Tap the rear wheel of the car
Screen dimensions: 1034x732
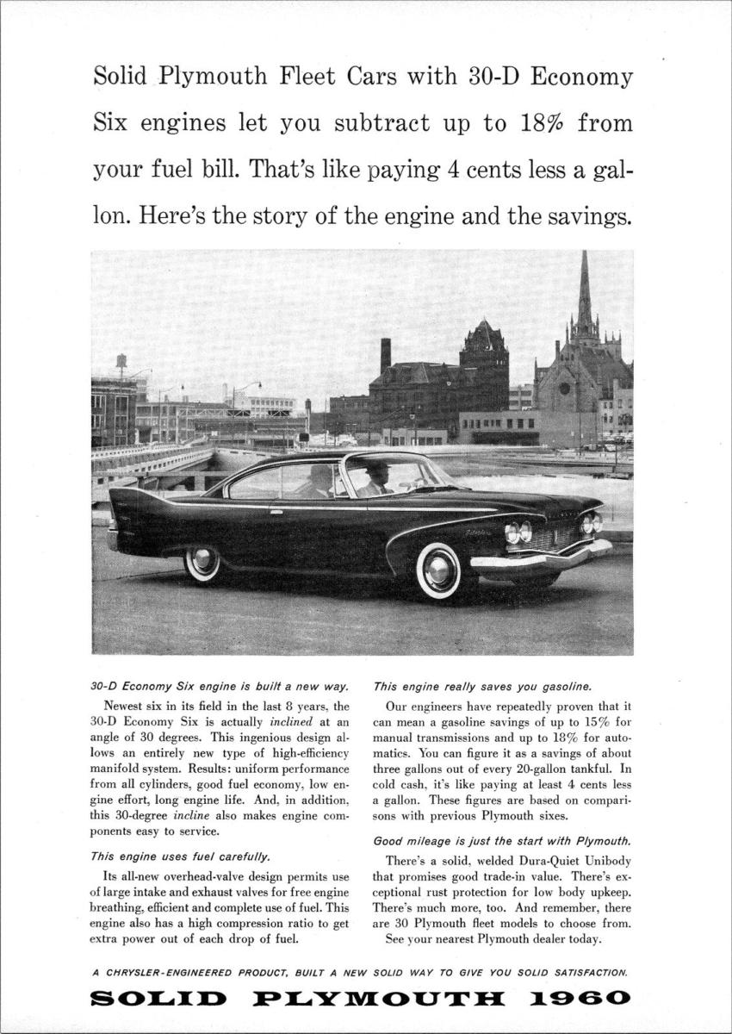[204, 564]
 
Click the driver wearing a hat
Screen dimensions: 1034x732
[375, 479]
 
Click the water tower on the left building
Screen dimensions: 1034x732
[121, 361]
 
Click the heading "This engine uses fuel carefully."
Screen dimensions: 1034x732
[180, 856]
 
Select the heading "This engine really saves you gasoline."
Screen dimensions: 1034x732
[482, 687]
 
